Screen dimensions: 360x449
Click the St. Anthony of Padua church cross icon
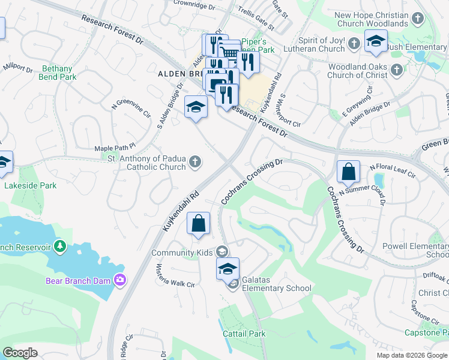[195, 161]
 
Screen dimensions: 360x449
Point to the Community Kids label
[182, 253]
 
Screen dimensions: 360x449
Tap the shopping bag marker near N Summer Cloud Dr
[348, 172]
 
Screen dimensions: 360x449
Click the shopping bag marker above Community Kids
[199, 224]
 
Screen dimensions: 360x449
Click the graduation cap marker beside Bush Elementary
[376, 41]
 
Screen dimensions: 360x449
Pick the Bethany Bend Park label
[59, 73]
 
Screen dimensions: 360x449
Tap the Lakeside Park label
[31, 185]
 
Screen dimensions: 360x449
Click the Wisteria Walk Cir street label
[176, 275]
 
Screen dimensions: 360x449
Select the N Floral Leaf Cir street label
[393, 170]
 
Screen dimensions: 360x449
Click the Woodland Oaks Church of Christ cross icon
[396, 71]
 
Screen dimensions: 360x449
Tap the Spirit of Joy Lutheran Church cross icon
[354, 43]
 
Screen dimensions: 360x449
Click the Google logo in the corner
[20, 353]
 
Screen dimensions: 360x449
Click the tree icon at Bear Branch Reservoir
[59, 246]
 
